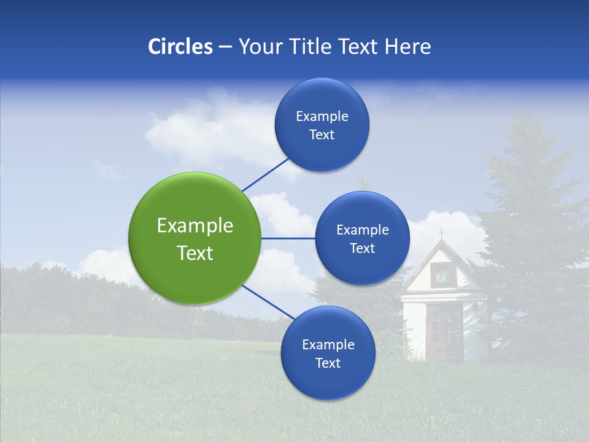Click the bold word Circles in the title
click(180, 47)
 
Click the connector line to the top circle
click(266, 174)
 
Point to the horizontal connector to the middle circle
click(288, 238)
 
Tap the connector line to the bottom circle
click(268, 302)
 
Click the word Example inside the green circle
click(194, 226)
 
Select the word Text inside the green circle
click(194, 253)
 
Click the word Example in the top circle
click(321, 116)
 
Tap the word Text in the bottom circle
click(328, 363)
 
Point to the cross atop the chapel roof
click(441, 234)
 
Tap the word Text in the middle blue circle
click(362, 248)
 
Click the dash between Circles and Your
click(225, 47)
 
